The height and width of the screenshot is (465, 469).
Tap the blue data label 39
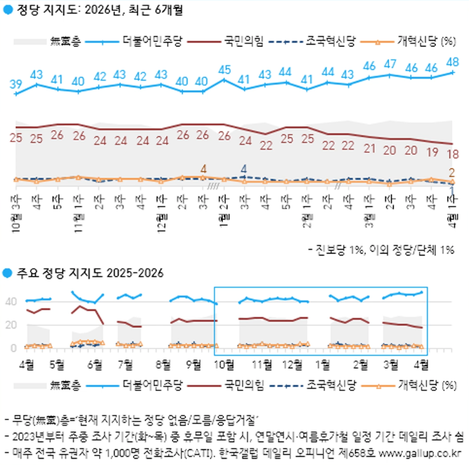(16, 84)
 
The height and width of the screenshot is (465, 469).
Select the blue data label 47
(390, 63)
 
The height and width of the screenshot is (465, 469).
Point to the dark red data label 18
(452, 154)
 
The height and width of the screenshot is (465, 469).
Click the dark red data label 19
(431, 151)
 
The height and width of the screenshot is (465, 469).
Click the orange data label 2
(452, 172)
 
